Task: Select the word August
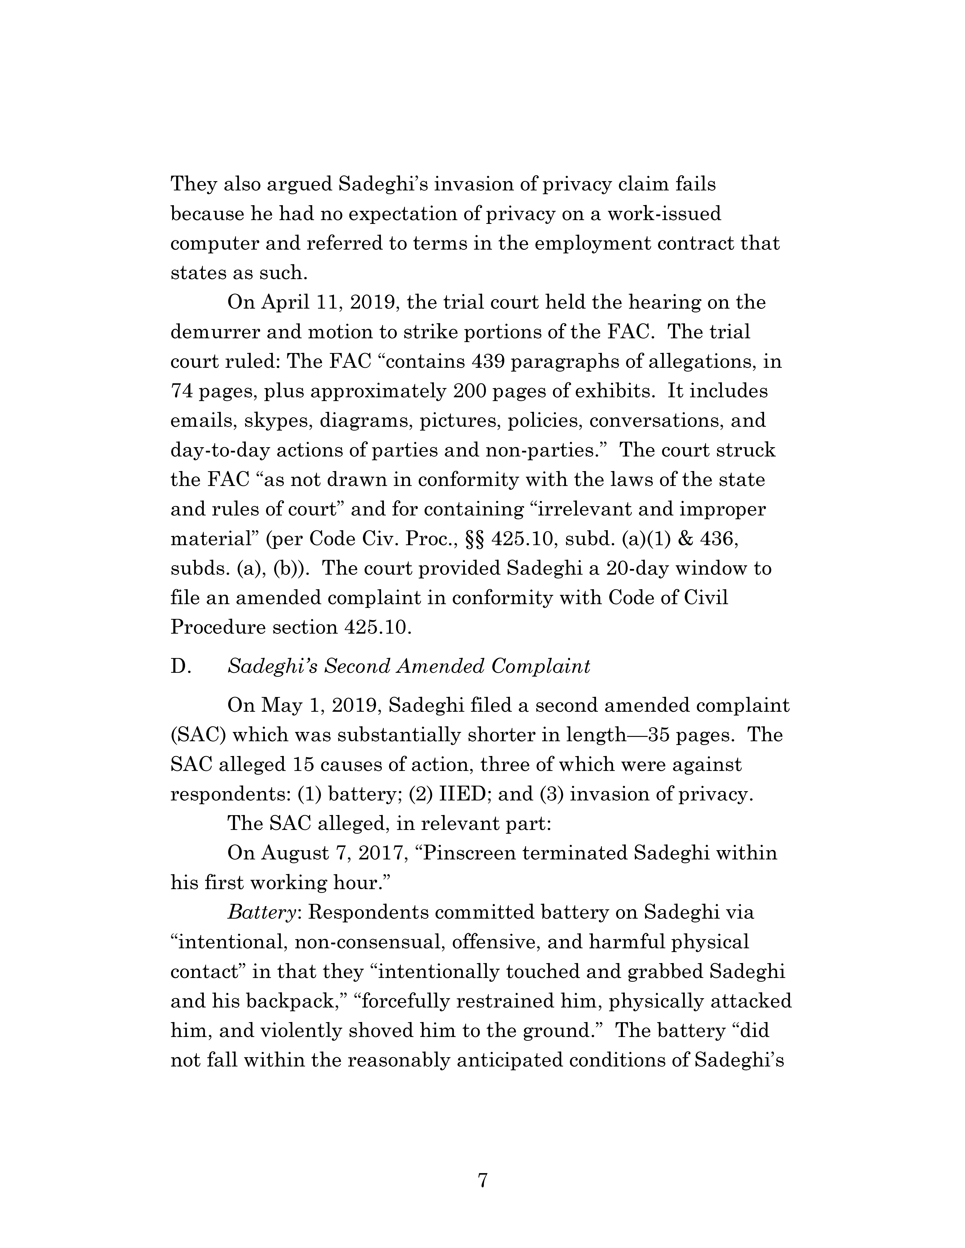(x=295, y=853)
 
